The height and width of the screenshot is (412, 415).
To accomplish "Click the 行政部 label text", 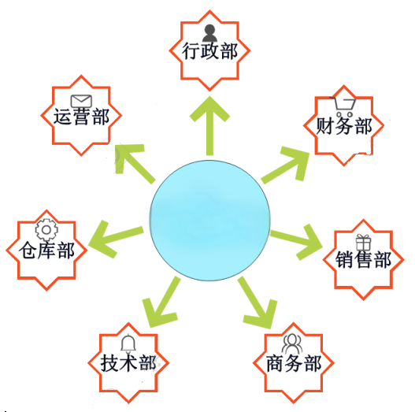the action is [x=209, y=51].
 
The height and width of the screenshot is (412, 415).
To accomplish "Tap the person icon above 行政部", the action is [x=209, y=33].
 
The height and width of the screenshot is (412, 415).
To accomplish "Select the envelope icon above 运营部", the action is [x=81, y=101].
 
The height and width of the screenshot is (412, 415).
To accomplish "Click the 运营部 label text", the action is [x=81, y=117].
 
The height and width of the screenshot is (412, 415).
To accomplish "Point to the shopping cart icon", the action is [x=343, y=106].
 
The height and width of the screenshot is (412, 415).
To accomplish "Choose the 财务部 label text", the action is [x=344, y=126].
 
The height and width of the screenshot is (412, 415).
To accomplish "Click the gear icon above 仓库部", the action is [x=46, y=230].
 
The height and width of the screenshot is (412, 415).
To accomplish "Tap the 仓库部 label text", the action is [x=46, y=251].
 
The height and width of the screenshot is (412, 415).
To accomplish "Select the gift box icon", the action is [x=363, y=243].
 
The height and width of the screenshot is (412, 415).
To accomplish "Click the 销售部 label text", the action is [x=363, y=260].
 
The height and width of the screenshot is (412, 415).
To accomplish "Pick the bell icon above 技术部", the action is [x=128, y=343].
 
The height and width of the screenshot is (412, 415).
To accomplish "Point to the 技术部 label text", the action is [x=128, y=363].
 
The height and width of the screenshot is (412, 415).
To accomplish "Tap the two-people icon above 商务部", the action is [x=292, y=343].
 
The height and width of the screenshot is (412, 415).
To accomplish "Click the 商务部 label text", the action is [x=294, y=363].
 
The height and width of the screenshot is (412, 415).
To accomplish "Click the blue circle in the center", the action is [x=210, y=221].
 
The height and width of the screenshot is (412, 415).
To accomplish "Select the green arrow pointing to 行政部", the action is [x=210, y=126].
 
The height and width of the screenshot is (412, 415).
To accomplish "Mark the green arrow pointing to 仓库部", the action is [x=117, y=237].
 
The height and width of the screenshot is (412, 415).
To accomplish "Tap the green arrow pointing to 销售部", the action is [x=296, y=240].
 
